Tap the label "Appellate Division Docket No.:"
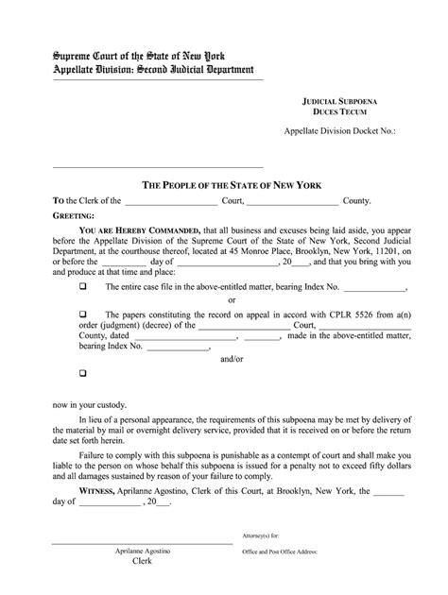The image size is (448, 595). click(339, 133)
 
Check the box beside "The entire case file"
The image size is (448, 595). click(82, 285)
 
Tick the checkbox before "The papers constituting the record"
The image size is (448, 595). click(82, 314)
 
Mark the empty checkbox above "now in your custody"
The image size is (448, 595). click(82, 375)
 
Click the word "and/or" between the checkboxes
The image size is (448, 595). click(232, 360)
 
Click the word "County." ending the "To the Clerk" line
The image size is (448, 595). click(356, 201)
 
